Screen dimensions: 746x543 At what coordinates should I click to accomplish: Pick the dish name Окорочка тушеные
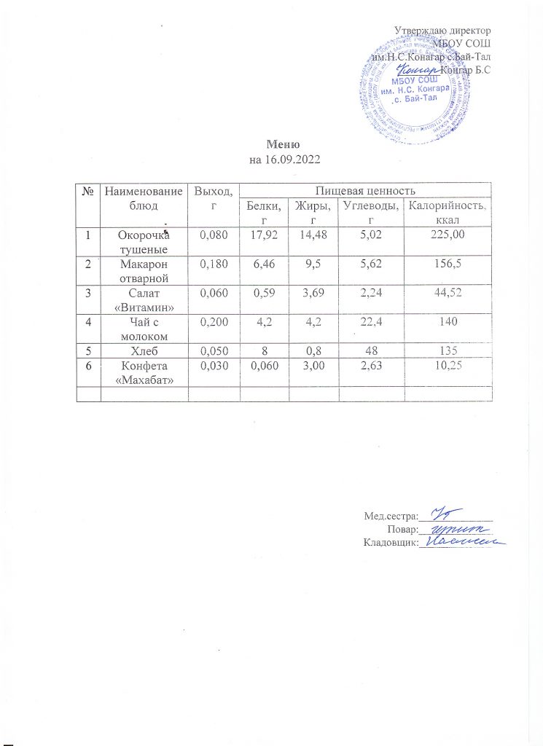(x=144, y=242)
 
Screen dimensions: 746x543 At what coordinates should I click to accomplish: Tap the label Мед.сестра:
(x=388, y=517)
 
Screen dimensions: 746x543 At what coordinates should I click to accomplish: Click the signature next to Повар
(x=452, y=530)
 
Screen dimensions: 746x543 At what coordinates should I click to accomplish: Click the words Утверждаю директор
(x=442, y=31)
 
